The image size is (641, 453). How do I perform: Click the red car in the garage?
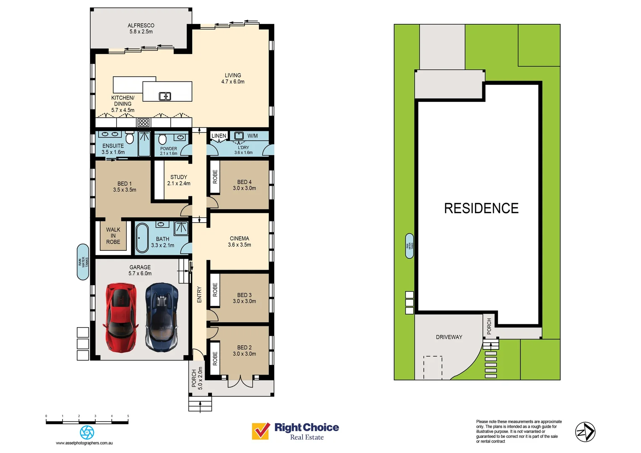pyautogui.click(x=121, y=317)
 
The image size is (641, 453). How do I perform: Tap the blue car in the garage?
pyautogui.click(x=162, y=317)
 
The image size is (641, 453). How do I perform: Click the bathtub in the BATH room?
pyautogui.click(x=142, y=238)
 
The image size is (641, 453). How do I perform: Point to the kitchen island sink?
pyautogui.click(x=165, y=96)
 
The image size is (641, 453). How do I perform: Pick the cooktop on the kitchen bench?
pyautogui.click(x=143, y=122)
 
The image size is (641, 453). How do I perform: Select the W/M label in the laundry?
pyautogui.click(x=253, y=136)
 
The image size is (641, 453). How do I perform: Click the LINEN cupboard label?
pyautogui.click(x=219, y=136)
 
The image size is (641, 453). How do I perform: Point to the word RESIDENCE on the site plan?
pyautogui.click(x=481, y=208)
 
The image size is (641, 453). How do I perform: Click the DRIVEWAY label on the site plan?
pyautogui.click(x=449, y=337)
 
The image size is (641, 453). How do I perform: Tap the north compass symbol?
pyautogui.click(x=585, y=432)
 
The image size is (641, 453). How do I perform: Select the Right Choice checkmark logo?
pyautogui.click(x=261, y=431)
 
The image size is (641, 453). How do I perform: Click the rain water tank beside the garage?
pyautogui.click(x=83, y=262)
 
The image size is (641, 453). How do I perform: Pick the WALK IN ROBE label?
pyautogui.click(x=113, y=236)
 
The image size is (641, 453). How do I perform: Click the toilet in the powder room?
pyautogui.click(x=163, y=139)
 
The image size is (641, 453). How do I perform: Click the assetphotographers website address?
pyautogui.click(x=84, y=443)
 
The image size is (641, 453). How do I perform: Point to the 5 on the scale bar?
pyautogui.click(x=128, y=416)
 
